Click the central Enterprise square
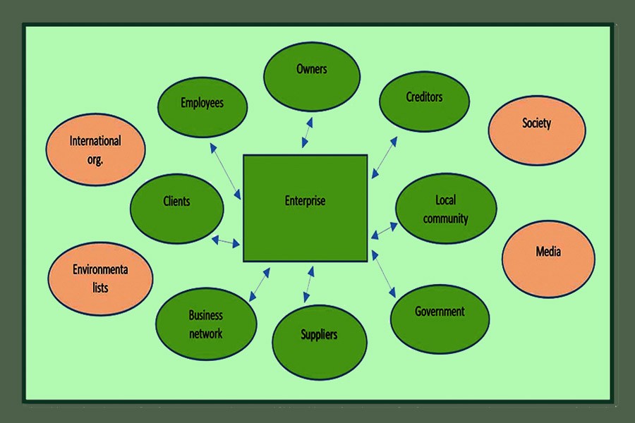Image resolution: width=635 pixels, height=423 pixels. click(x=305, y=207)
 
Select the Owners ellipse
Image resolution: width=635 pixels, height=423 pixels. click(x=312, y=73)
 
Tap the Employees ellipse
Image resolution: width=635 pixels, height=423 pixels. click(x=202, y=106)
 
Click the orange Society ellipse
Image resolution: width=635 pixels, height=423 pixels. click(x=537, y=130)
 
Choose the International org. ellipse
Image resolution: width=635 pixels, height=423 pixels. click(x=95, y=149)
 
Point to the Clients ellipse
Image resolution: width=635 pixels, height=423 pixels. click(x=176, y=207)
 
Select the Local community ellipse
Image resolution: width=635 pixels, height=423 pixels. click(x=446, y=209)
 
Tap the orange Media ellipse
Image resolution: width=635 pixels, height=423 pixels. click(x=548, y=258)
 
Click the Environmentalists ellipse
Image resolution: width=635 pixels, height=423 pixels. click(x=101, y=278)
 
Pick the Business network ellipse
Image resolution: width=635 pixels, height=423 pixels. click(x=205, y=324)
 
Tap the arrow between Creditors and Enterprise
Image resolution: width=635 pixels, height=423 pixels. click(x=385, y=157)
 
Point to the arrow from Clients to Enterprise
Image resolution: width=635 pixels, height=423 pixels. click(x=226, y=241)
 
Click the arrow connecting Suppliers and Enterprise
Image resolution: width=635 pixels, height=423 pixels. click(x=309, y=286)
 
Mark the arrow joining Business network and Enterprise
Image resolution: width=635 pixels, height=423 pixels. click(x=259, y=283)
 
